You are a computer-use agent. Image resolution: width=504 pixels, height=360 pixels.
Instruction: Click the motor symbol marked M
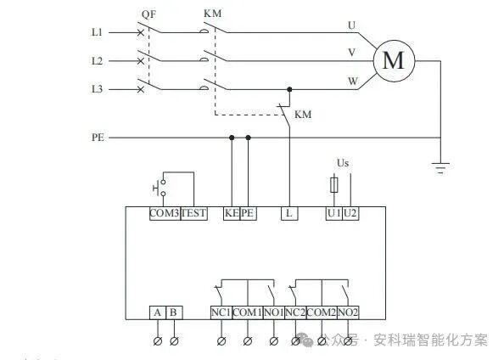point(393,60)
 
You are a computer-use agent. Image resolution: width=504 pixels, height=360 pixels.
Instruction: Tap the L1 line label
point(97,32)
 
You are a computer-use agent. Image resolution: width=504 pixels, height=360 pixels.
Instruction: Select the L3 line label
point(97,88)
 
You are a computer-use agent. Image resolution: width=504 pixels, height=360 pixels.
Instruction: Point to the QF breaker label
point(149,14)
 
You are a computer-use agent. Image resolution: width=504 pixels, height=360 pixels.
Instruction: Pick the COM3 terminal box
point(164,213)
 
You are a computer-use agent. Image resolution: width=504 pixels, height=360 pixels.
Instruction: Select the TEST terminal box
point(193,213)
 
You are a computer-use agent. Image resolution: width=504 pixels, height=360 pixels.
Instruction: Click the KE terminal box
point(232,213)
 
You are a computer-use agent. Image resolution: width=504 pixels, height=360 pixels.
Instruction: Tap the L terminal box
point(289,213)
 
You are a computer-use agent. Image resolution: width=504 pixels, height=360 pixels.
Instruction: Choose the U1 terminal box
point(333,213)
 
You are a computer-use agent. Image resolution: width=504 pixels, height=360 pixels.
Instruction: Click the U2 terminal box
point(350,213)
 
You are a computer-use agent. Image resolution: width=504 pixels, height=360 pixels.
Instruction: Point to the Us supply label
point(343,161)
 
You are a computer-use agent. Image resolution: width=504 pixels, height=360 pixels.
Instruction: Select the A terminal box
point(158,312)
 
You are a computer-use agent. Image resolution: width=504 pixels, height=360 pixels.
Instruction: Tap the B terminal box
point(174,312)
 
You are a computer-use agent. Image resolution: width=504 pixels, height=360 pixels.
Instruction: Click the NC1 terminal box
point(221,312)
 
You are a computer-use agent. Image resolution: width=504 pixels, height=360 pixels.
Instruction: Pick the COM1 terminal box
point(248,312)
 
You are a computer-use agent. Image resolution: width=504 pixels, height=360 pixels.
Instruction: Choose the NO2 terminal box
point(349,312)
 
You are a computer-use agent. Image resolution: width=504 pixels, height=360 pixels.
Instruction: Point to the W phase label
point(350,82)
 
